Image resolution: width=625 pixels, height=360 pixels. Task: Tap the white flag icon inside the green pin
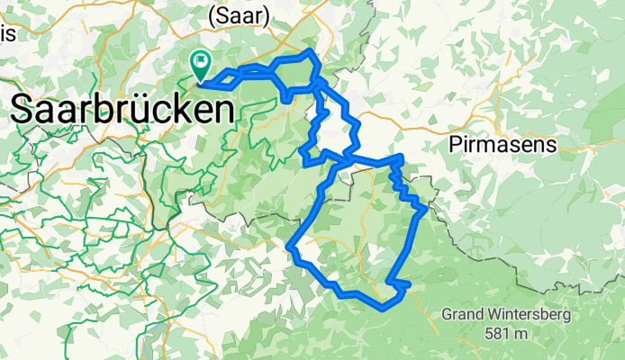point(200,63)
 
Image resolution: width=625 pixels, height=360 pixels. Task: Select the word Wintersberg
point(521,316)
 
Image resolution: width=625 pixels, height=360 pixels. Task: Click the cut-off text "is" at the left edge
point(7,33)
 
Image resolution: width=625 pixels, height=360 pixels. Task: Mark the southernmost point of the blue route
point(385,307)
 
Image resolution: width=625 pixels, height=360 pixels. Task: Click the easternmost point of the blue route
point(424,209)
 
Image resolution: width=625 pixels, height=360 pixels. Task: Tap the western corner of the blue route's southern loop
point(289,246)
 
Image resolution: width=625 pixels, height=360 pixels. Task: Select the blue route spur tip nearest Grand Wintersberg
point(409,285)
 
